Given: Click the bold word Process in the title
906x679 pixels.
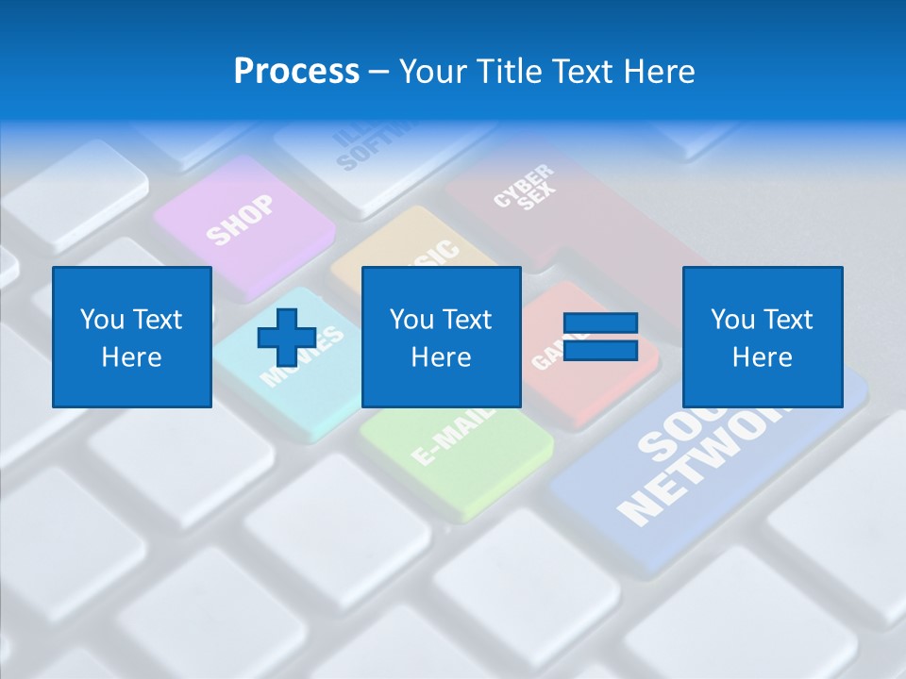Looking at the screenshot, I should click(x=296, y=72).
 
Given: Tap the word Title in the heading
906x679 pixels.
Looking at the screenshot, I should click(x=504, y=72).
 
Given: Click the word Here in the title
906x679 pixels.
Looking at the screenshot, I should click(x=657, y=72).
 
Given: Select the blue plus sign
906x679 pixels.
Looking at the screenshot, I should click(x=286, y=338).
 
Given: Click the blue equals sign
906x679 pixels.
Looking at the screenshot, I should click(x=600, y=338).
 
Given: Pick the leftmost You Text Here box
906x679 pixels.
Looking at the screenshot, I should click(x=132, y=338).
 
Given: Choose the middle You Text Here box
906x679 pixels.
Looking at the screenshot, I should click(x=441, y=338).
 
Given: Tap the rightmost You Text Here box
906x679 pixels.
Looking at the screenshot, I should click(x=762, y=338).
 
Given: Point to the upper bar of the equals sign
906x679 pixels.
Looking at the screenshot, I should click(x=600, y=323).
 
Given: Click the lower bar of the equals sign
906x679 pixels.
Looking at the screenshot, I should click(x=600, y=352).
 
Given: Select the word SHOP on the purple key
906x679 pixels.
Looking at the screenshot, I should click(x=241, y=219).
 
